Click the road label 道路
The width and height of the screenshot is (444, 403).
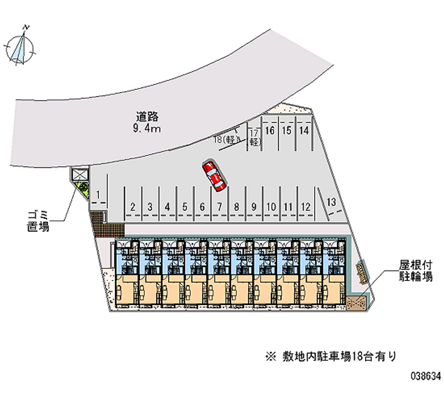tap(148, 117)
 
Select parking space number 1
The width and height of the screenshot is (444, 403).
tap(98, 195)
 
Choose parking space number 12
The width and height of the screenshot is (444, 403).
tap(305, 206)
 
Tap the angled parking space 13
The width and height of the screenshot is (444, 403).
tap(331, 202)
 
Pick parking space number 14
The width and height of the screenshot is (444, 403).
tap(304, 131)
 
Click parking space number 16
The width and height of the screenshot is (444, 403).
tap(270, 131)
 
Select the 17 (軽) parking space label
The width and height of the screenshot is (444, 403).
tap(254, 137)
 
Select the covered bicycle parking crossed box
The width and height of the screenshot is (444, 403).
tap(356, 303)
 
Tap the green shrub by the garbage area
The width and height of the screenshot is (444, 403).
tap(84, 188)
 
